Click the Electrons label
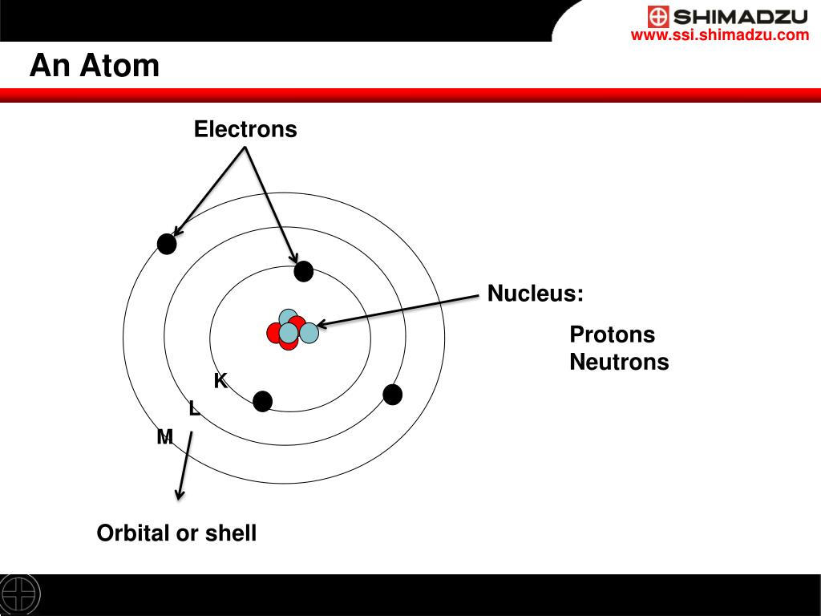(245, 130)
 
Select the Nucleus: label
(536, 294)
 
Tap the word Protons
(612, 334)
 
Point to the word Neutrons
(619, 363)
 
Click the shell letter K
(220, 382)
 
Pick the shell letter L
(194, 409)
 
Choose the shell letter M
(165, 437)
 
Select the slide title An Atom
(95, 66)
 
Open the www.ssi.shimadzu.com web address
(720, 35)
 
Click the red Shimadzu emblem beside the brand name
(658, 16)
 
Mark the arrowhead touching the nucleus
(322, 324)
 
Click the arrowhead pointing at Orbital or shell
(180, 492)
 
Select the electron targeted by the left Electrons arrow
(167, 244)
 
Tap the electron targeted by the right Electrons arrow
(303, 272)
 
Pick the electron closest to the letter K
(262, 402)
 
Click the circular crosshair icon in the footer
(20, 594)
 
